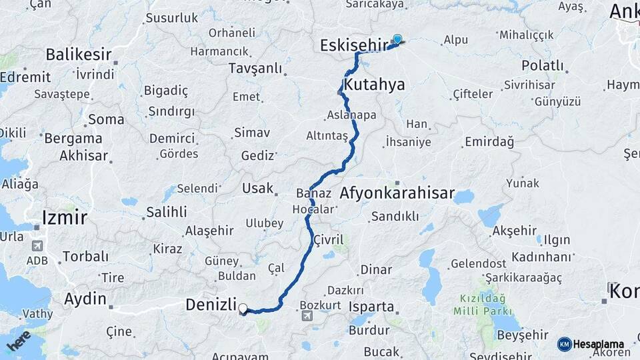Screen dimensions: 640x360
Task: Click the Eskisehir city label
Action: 353,45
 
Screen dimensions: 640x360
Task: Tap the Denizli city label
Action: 211,305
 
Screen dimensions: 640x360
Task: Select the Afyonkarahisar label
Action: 397,194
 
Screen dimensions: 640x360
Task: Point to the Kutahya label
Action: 375,85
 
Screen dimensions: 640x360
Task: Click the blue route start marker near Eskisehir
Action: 397,39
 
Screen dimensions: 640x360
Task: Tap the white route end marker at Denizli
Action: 243,309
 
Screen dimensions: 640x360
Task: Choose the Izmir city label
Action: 64,217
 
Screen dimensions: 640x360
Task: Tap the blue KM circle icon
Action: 565,344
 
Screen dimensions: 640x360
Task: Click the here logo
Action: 19,340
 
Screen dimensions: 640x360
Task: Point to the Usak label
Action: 258,188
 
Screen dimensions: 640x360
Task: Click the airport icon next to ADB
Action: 37,245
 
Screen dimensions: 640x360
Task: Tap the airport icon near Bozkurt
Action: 306,315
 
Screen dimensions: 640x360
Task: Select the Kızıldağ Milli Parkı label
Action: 483,305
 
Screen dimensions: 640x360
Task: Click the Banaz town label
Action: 313,194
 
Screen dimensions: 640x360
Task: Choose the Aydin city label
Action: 85,299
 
